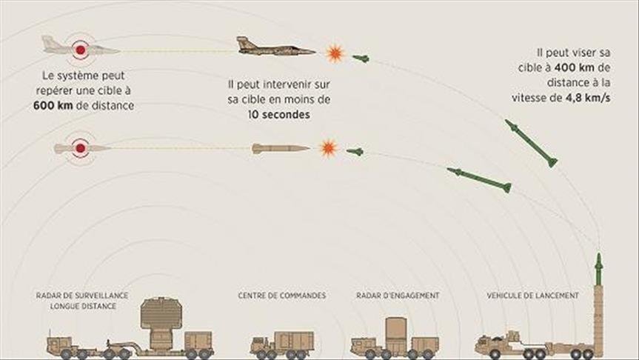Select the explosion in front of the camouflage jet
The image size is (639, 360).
[335, 52]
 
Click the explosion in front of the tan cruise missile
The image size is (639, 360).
[327, 148]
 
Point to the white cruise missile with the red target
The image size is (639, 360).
[81, 148]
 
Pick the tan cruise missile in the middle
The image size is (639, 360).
[280, 148]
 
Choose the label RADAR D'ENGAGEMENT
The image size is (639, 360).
[397, 295]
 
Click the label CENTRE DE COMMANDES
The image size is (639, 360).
[281, 295]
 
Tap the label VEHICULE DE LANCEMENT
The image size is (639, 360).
[533, 295]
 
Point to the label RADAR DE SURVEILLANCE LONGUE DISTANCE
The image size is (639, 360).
[81, 300]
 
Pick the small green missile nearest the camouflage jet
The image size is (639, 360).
[361, 58]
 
